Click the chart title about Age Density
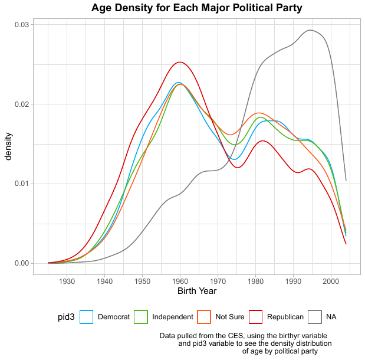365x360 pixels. click(x=196, y=8)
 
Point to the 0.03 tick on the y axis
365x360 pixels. click(x=21, y=25)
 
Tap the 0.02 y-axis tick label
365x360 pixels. click(x=21, y=104)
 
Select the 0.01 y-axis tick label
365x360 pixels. click(x=21, y=184)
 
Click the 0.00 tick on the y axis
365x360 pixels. click(x=21, y=263)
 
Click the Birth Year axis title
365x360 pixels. click(x=197, y=291)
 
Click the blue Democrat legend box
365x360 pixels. click(x=86, y=317)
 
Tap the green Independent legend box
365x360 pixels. click(x=140, y=317)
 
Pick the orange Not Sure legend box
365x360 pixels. click(x=203, y=317)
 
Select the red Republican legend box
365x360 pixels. click(x=255, y=317)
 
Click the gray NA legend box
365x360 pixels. click(x=315, y=317)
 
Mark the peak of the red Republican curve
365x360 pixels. click(x=180, y=62)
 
